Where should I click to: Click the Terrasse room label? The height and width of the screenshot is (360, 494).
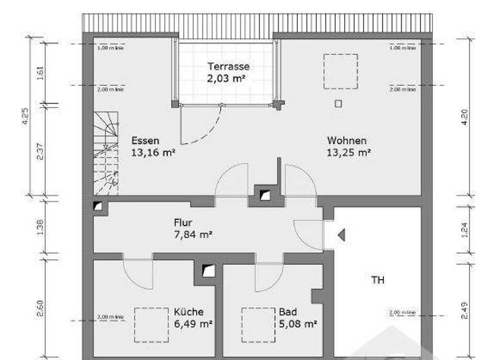pyautogui.click(x=228, y=66)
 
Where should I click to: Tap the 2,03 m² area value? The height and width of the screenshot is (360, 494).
pyautogui.click(x=228, y=78)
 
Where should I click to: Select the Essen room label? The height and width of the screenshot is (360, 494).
pyautogui.click(x=145, y=141)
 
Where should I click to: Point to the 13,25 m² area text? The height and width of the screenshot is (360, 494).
pyautogui.click(x=349, y=152)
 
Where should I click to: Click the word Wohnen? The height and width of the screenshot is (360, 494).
pyautogui.click(x=347, y=141)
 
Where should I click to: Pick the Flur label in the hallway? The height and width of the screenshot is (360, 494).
pyautogui.click(x=183, y=222)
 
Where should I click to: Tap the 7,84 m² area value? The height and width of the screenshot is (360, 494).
pyautogui.click(x=193, y=235)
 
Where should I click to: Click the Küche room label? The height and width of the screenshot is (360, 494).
pyautogui.click(x=188, y=312)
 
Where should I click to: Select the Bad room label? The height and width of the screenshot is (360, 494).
pyautogui.click(x=288, y=312)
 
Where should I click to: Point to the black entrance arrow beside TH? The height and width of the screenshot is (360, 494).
pyautogui.click(x=342, y=235)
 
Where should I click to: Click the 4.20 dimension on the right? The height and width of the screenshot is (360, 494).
pyautogui.click(x=464, y=116)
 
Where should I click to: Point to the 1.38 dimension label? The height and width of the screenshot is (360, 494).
pyautogui.click(x=40, y=228)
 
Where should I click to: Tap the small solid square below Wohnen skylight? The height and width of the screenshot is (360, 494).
pyautogui.click(x=339, y=103)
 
